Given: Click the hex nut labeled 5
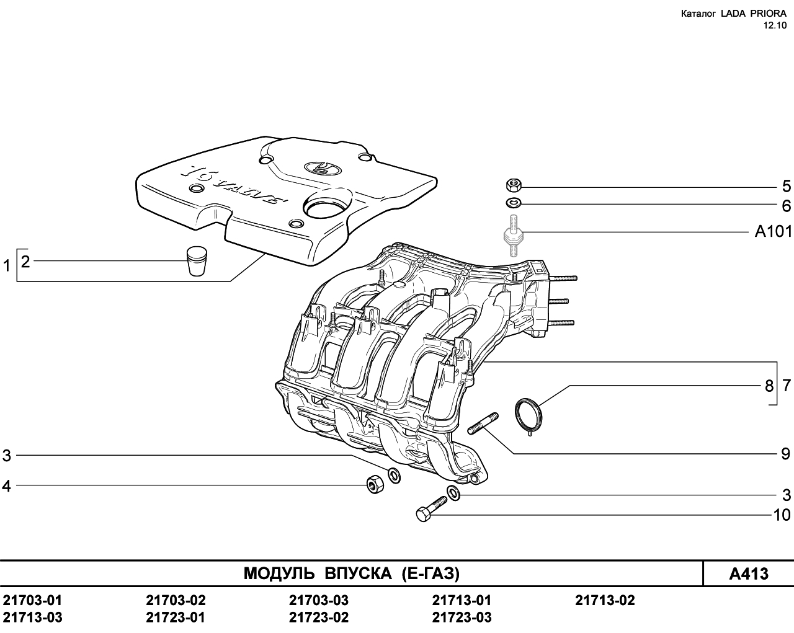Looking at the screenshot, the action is [x=513, y=185].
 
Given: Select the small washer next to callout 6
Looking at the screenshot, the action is [x=513, y=202].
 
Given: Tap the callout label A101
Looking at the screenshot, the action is [x=774, y=232].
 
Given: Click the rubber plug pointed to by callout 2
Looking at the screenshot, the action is [x=196, y=261].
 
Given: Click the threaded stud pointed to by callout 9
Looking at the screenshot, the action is [x=483, y=423].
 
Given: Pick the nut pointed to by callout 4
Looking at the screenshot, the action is [x=375, y=484].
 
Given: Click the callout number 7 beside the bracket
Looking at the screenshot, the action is [x=787, y=386].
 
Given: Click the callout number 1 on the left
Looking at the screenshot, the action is [x=6, y=265].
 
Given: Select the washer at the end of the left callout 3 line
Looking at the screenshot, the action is [x=394, y=476].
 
